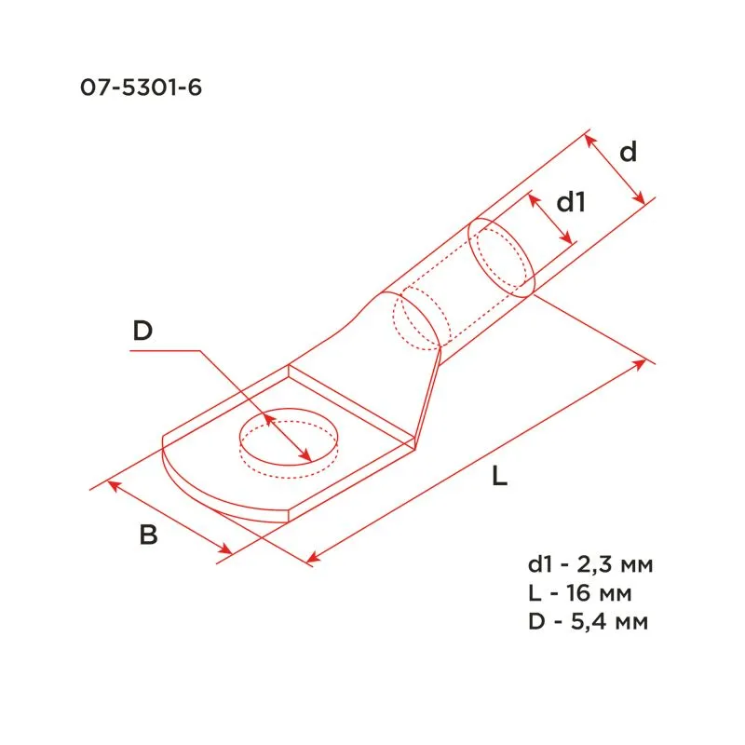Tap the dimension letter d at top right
(x=629, y=152)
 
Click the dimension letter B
(x=148, y=535)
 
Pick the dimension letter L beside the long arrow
(x=499, y=478)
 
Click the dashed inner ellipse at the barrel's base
(x=418, y=320)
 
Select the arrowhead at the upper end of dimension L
(x=640, y=363)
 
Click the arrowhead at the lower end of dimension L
(x=314, y=558)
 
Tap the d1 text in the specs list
(x=539, y=565)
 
